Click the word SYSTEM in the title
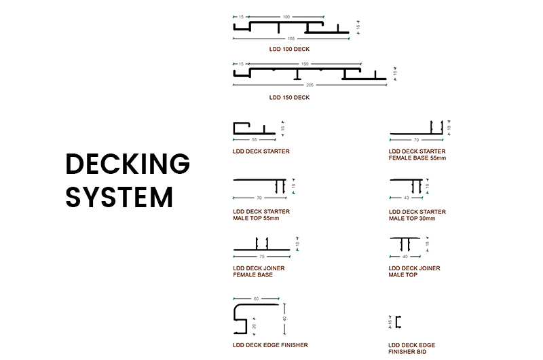point(119,197)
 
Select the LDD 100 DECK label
point(290,50)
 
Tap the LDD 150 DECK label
point(290,97)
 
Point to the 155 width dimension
point(291,38)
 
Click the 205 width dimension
point(310,86)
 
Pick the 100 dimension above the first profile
point(286,16)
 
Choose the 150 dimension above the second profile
point(305,63)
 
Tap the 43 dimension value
point(406,198)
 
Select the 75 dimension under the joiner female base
point(261,257)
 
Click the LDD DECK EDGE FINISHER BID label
point(412,348)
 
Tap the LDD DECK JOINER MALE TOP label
point(414,272)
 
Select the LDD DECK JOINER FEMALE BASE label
point(259,272)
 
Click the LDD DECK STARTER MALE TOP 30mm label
point(417,215)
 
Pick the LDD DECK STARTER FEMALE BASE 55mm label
point(417,155)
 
